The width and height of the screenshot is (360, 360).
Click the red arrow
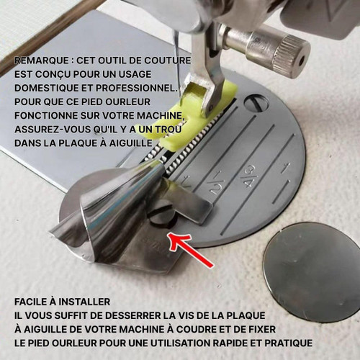(189, 250)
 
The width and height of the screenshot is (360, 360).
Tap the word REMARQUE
(42, 60)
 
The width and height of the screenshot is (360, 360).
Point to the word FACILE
(30, 302)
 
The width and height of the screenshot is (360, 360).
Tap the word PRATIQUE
(285, 343)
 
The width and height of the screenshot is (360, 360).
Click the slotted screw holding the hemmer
(161, 213)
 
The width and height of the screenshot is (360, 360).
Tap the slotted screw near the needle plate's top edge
(256, 102)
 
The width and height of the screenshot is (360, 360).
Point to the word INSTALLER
(84, 302)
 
